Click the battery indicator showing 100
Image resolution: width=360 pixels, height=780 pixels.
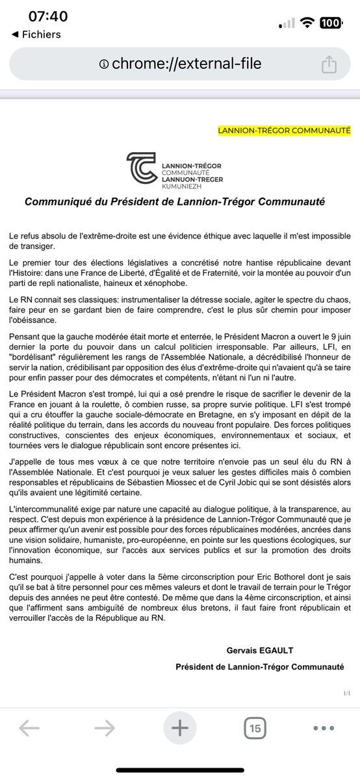click(329, 23)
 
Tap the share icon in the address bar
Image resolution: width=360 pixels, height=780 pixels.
click(328, 64)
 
